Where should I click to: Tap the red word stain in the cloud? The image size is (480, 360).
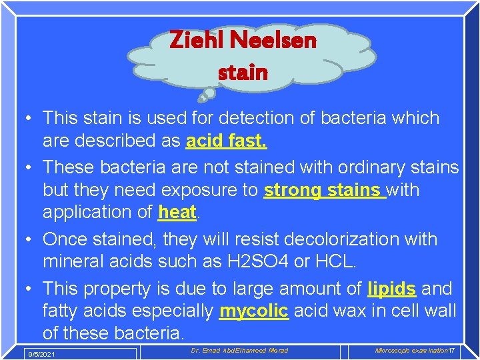[x=243, y=71]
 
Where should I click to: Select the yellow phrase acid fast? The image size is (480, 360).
[x=227, y=141]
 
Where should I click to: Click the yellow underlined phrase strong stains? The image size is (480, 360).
[x=324, y=190]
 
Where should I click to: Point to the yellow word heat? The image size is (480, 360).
[x=177, y=213]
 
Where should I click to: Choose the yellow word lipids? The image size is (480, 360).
[x=392, y=289]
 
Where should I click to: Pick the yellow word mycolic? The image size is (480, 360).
[x=253, y=311]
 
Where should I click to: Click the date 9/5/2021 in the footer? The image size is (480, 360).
[x=41, y=354]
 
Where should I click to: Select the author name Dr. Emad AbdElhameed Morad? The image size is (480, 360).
[x=239, y=351]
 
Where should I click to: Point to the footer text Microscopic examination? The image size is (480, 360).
[x=411, y=351]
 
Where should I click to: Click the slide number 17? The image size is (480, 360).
[x=451, y=351]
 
